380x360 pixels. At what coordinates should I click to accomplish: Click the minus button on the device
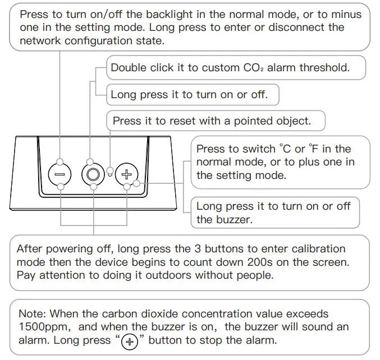pyautogui.click(x=59, y=174)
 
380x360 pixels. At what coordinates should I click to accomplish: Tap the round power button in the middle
pyautogui.click(x=93, y=174)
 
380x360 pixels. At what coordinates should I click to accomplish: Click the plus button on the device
pyautogui.click(x=127, y=174)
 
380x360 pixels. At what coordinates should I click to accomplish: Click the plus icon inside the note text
pyautogui.click(x=130, y=341)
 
